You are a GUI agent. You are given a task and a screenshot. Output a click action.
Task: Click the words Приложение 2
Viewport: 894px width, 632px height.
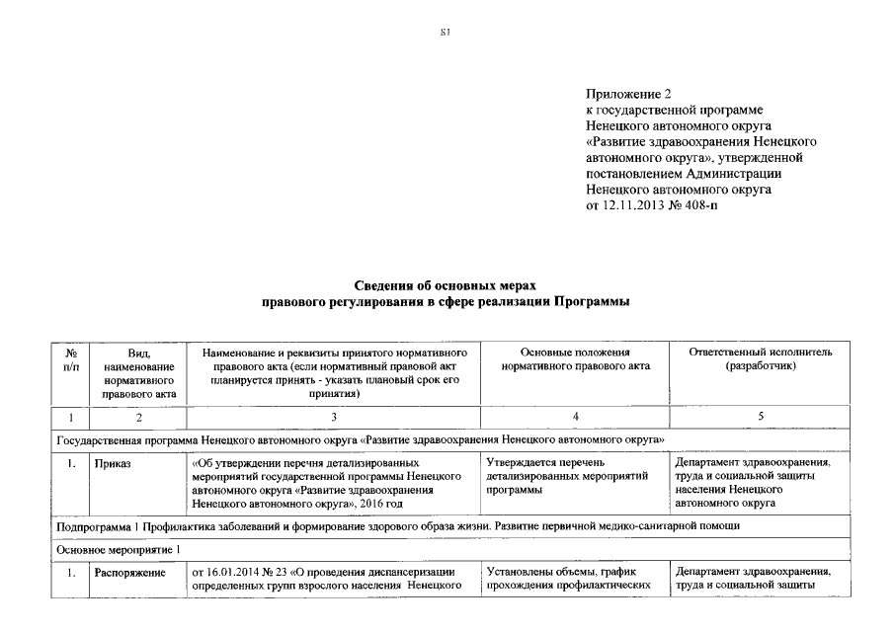coord(628,94)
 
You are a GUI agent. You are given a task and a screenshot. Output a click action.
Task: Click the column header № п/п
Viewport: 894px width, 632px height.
coord(71,359)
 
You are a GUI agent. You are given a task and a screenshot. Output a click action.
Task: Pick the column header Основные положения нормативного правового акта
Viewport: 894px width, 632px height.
coord(575,359)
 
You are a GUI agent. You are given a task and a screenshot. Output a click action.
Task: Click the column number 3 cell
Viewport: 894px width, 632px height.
coord(334,417)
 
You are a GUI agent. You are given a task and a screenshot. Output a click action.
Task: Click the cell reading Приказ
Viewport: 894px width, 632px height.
coord(112,461)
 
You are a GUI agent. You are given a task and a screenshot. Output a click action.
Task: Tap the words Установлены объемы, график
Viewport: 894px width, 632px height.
coord(559,572)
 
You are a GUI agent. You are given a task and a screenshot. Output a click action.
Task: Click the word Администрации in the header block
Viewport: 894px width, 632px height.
coord(757,172)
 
